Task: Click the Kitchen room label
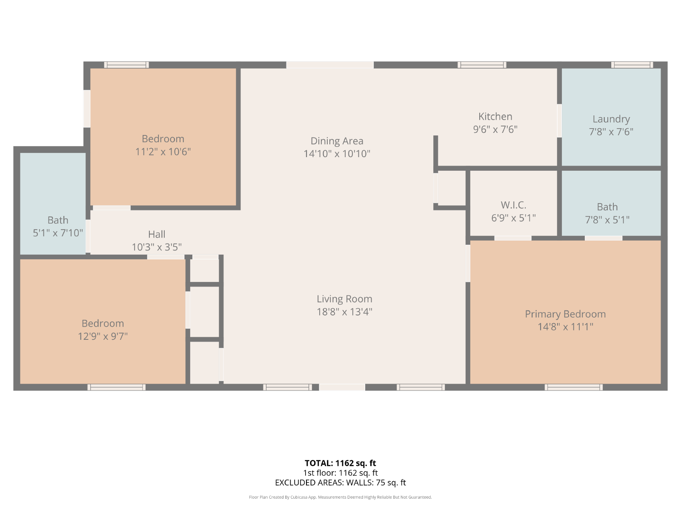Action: [495, 116]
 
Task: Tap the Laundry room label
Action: [611, 119]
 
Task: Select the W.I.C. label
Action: [513, 205]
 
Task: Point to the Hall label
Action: [156, 234]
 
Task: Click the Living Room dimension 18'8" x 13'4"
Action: [344, 312]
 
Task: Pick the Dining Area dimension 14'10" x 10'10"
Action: [337, 154]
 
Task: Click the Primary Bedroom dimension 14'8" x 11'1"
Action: [565, 327]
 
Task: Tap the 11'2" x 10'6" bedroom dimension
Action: [163, 152]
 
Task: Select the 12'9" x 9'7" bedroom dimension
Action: [103, 336]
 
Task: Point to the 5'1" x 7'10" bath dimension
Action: [58, 233]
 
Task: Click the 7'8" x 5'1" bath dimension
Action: [607, 220]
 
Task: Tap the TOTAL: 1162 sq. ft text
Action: [340, 463]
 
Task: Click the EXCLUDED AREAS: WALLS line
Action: [340, 482]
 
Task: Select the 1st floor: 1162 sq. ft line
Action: [340, 473]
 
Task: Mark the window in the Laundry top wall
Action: [632, 65]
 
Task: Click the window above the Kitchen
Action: [482, 65]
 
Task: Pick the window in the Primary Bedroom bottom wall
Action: [574, 387]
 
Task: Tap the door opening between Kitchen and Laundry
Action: [559, 121]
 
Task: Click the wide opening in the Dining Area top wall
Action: [330, 65]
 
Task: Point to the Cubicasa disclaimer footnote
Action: [340, 497]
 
